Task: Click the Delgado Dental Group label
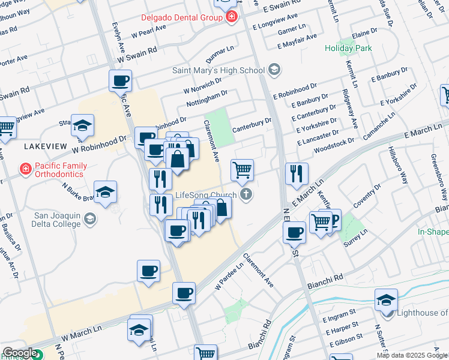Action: [x=181, y=18]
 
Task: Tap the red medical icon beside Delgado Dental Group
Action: [x=231, y=18]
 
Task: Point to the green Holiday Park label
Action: [x=348, y=48]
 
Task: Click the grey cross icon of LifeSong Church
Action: [x=245, y=194]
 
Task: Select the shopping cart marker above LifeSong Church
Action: [x=242, y=170]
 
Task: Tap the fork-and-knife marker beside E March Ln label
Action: [x=296, y=174]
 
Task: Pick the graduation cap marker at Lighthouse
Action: [x=386, y=300]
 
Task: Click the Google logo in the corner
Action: [x=20, y=353]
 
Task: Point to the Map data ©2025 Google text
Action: [x=412, y=355]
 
